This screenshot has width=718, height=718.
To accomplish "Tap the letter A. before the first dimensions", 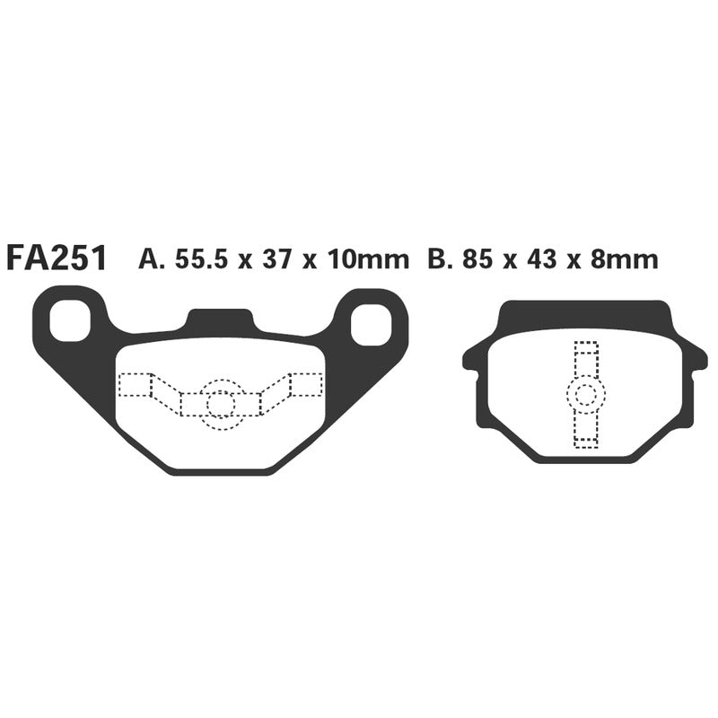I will tap(150, 259).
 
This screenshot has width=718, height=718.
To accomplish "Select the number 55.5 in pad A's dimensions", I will tap(203, 259).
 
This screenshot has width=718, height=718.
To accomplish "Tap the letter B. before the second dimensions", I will tap(439, 259).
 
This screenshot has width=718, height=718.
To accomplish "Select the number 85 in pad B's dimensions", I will tap(477, 259).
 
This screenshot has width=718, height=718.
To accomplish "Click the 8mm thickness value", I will tap(618, 259).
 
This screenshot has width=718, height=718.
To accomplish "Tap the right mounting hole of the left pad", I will tap(370, 324).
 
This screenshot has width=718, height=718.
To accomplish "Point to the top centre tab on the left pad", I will tap(220, 320).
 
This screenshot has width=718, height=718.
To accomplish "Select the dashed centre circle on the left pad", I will tap(220, 405).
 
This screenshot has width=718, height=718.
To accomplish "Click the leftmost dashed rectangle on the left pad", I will tap(136, 385).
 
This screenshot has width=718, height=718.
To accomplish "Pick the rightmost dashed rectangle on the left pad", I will tap(305, 385).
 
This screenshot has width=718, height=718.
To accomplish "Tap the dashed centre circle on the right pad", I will tap(585, 394).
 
